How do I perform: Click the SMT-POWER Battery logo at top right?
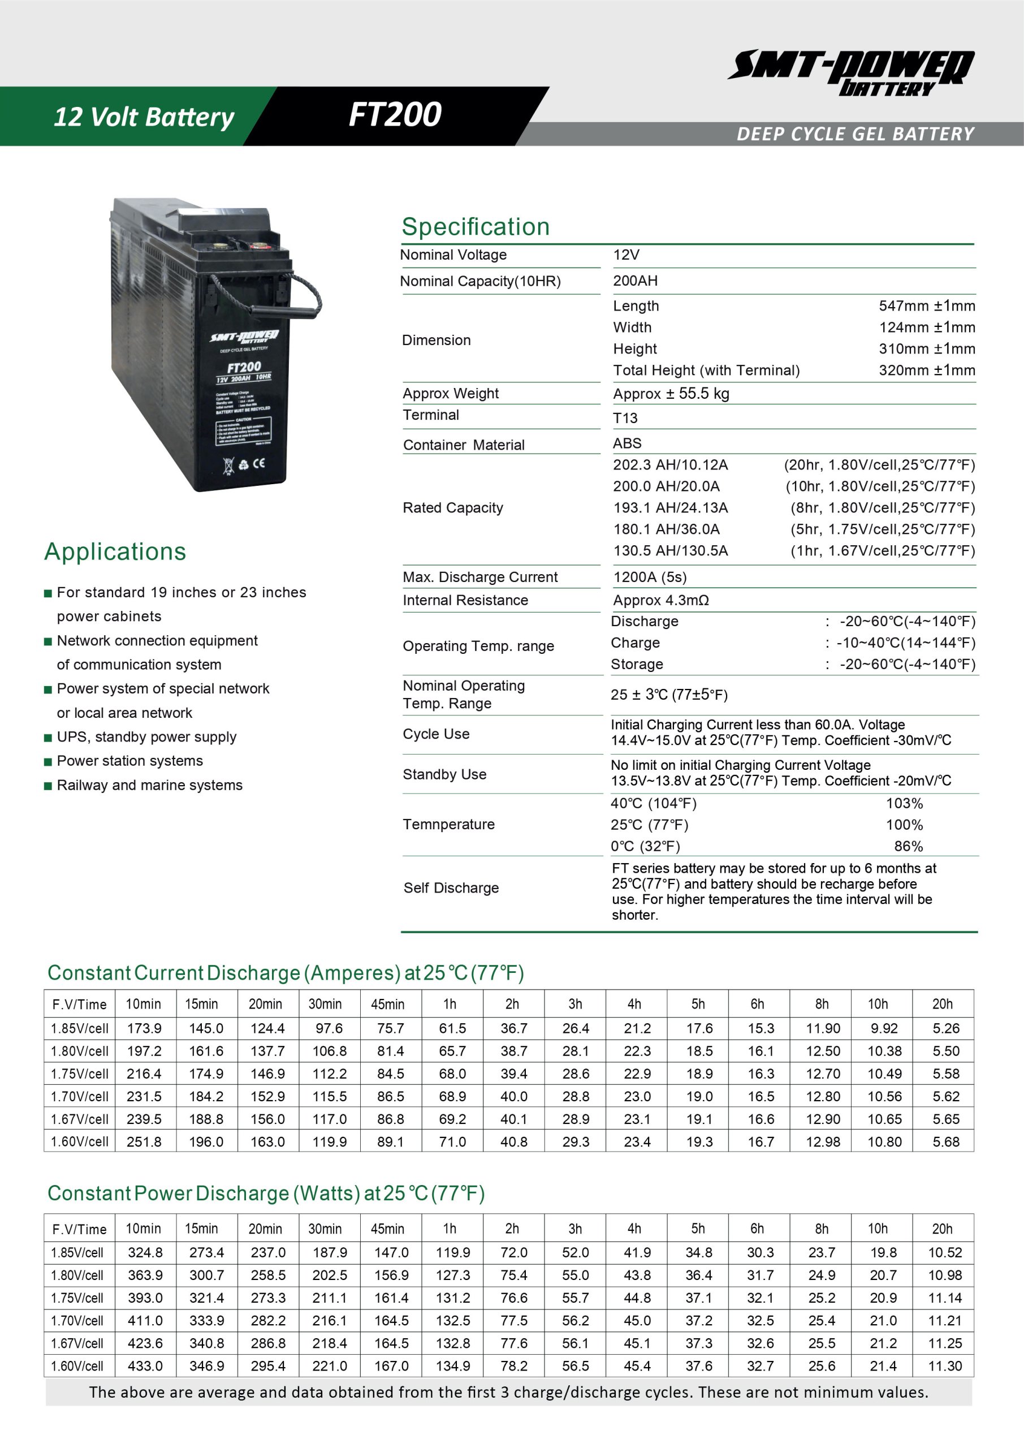[x=851, y=72]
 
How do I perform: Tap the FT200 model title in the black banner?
[x=395, y=115]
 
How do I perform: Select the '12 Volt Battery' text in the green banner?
[x=144, y=117]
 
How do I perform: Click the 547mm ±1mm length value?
[x=926, y=306]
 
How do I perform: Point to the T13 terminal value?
[x=625, y=418]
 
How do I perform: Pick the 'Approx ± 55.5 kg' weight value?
[x=671, y=394]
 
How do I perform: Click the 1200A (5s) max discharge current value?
[x=650, y=577]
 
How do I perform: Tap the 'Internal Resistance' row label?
[x=465, y=600]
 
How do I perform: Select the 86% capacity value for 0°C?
[x=908, y=846]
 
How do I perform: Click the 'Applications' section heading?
[x=115, y=552]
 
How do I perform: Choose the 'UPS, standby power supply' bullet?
[x=146, y=736]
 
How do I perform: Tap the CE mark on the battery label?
[x=258, y=464]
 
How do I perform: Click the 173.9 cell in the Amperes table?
[x=144, y=1029]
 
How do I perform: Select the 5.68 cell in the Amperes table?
[x=946, y=1142]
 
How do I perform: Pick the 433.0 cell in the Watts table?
[x=145, y=1366]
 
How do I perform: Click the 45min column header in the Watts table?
[x=387, y=1229]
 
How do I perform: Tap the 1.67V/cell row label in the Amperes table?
[x=80, y=1119]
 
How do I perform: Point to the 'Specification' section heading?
[x=476, y=227]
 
